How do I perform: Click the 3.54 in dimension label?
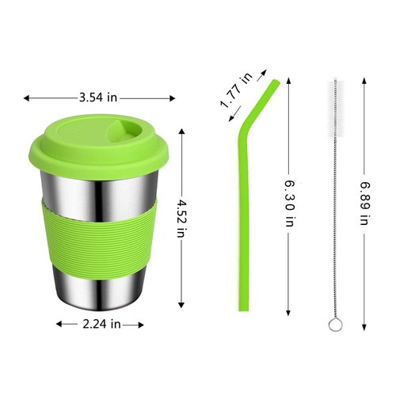pyautogui.click(x=99, y=97)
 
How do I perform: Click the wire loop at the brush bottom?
pyautogui.click(x=333, y=323)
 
